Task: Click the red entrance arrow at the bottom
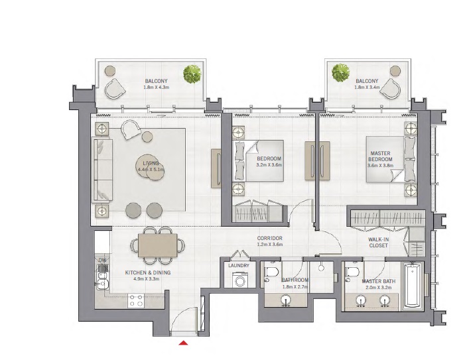[x=184, y=343]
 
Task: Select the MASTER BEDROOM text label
[x=380, y=156]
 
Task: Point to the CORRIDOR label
[x=270, y=238]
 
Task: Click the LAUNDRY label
[x=238, y=266]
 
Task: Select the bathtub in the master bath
[x=413, y=286]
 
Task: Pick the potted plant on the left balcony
[x=193, y=73]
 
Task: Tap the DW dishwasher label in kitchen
[x=103, y=260]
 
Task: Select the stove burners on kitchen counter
[x=136, y=301]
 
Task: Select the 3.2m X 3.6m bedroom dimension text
[x=270, y=165]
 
